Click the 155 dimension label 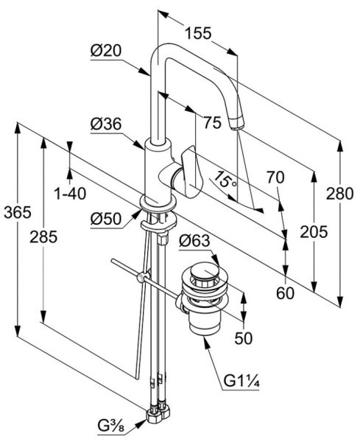[198, 33]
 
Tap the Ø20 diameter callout [105, 51]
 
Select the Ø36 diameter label [105, 124]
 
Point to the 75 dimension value [213, 122]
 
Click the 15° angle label [225, 180]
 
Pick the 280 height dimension [339, 194]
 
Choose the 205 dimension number [314, 232]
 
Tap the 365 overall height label [18, 212]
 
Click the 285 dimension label [43, 236]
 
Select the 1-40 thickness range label [70, 194]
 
